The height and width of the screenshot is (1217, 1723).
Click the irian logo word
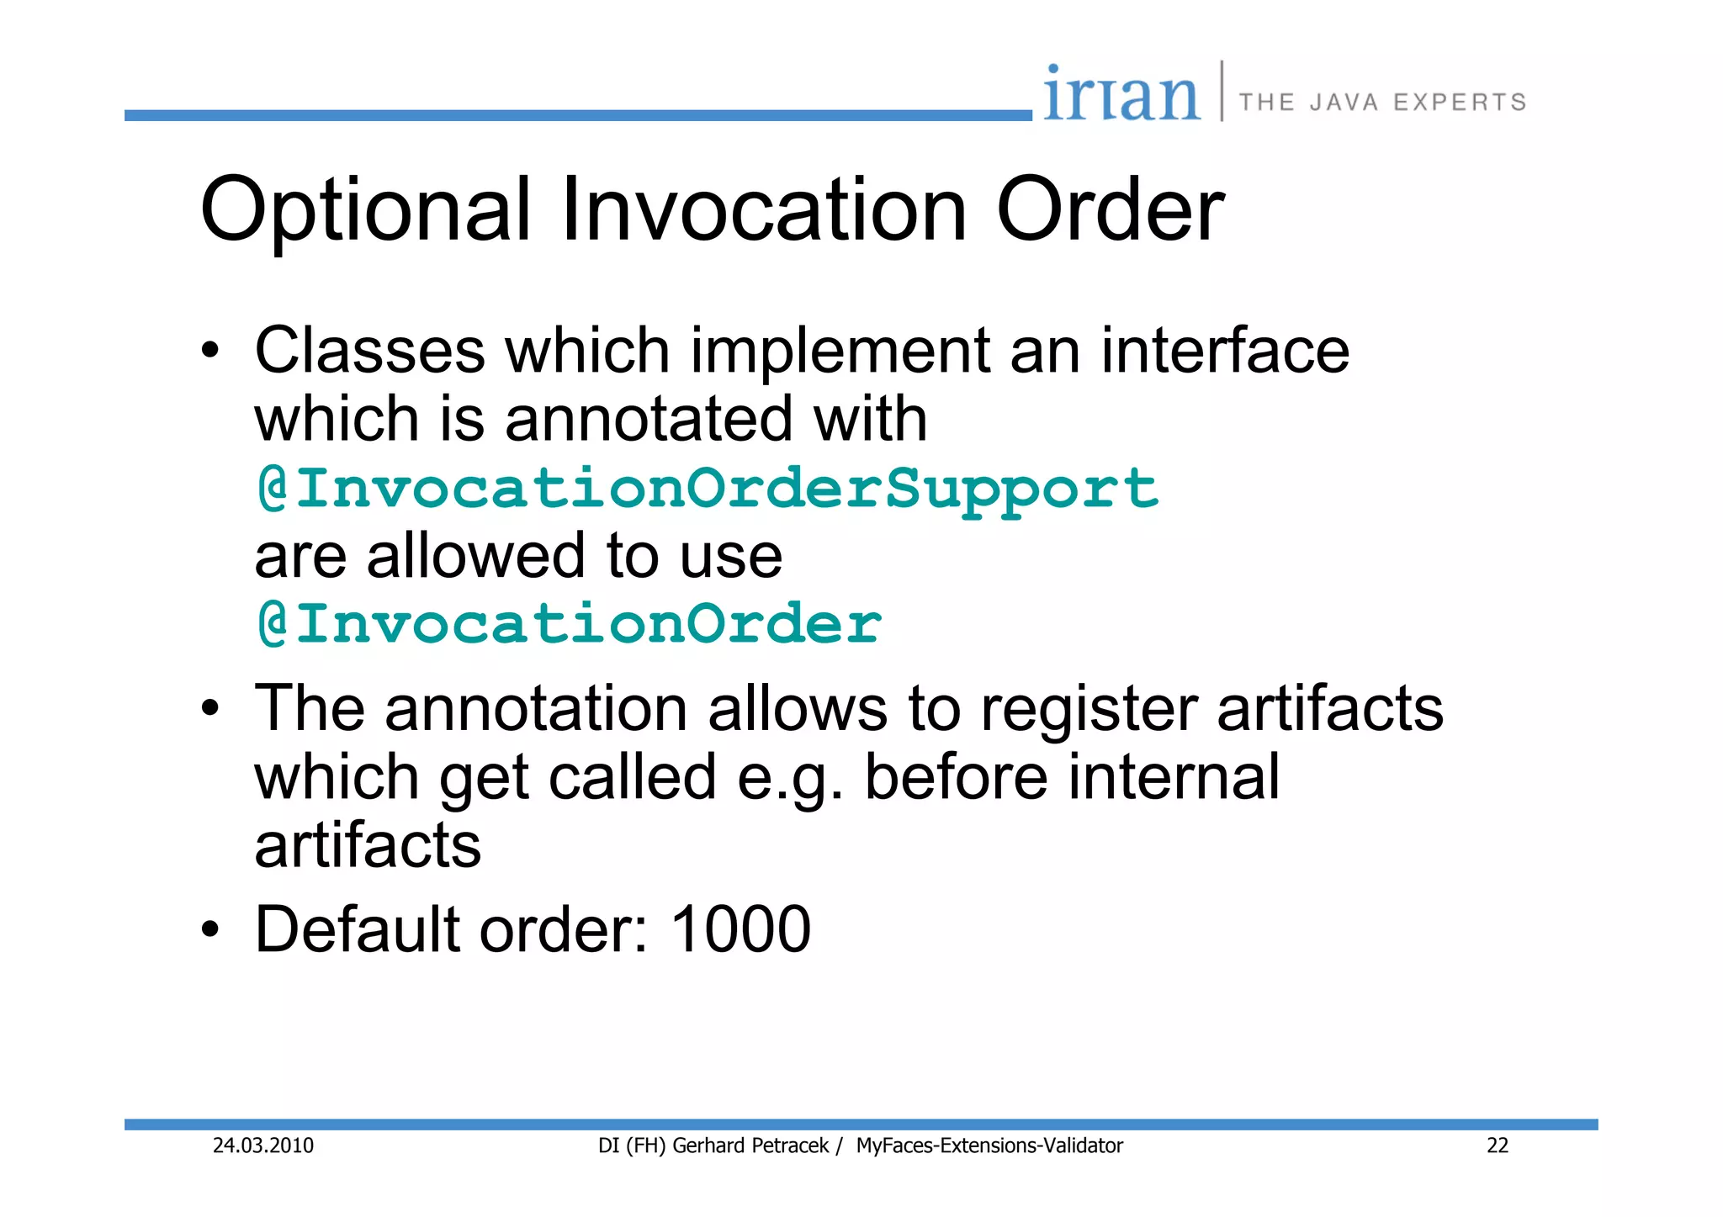(1121, 95)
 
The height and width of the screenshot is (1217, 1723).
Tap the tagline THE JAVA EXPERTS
(1382, 103)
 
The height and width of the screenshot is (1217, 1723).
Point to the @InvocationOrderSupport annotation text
(708, 489)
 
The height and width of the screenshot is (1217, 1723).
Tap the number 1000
(740, 929)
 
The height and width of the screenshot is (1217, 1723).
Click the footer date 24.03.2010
(263, 1146)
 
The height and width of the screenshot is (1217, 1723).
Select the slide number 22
(1498, 1146)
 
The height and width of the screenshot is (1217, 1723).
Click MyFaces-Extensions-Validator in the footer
(989, 1146)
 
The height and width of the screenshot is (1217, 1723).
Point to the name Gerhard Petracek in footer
(750, 1146)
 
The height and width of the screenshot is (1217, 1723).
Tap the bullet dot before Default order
(210, 930)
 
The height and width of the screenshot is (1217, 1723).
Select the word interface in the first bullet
(1225, 351)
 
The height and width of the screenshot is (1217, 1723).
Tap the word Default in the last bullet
(357, 929)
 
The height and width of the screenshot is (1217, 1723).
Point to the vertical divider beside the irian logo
(1222, 91)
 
